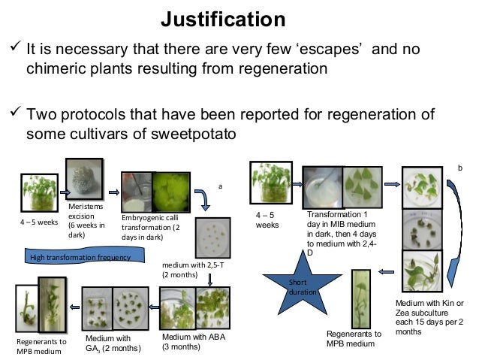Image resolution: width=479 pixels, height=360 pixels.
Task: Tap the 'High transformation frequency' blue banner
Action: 79,258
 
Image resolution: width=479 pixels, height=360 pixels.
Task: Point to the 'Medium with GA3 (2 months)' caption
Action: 112,342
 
